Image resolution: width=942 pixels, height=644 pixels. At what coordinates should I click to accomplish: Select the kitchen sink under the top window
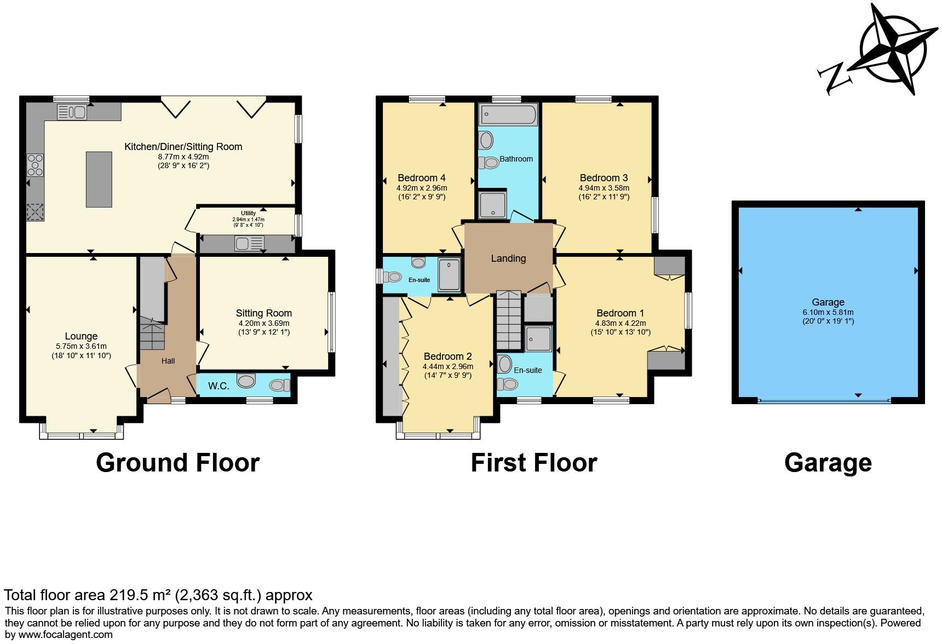click(72, 112)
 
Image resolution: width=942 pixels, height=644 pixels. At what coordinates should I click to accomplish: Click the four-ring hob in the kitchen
click(36, 165)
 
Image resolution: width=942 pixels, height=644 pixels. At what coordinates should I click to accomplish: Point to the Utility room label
click(248, 214)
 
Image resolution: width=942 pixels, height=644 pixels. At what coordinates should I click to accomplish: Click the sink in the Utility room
click(250, 243)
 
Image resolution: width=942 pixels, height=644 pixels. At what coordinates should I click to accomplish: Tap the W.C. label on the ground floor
click(218, 386)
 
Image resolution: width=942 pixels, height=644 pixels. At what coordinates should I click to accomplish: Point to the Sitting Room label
click(263, 313)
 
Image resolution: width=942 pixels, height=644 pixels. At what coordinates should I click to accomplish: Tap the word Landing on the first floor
click(508, 258)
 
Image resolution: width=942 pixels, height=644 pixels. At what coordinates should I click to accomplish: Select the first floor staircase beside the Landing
click(509, 320)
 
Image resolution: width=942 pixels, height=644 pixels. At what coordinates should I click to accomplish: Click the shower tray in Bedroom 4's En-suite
click(450, 273)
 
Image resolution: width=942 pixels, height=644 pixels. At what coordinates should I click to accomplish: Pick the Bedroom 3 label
click(604, 178)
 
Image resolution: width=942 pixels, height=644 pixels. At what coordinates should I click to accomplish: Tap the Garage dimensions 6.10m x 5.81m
click(828, 312)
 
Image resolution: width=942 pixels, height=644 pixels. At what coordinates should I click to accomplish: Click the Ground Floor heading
click(177, 463)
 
